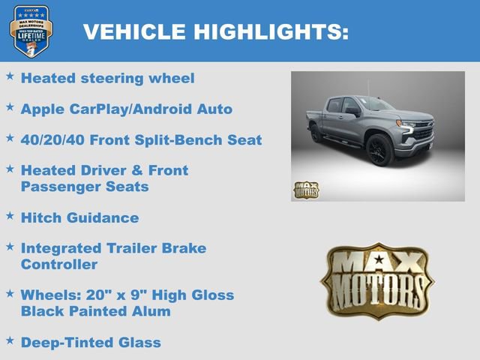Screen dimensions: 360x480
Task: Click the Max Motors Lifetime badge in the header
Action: pos(31,31)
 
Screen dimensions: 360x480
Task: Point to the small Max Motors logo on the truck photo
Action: pos(305,190)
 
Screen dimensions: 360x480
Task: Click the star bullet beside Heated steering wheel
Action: pos(10,76)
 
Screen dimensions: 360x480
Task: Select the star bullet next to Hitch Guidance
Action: pos(10,216)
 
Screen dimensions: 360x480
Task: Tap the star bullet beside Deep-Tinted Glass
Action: pos(10,340)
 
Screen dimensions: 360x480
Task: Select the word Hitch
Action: pos(40,217)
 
